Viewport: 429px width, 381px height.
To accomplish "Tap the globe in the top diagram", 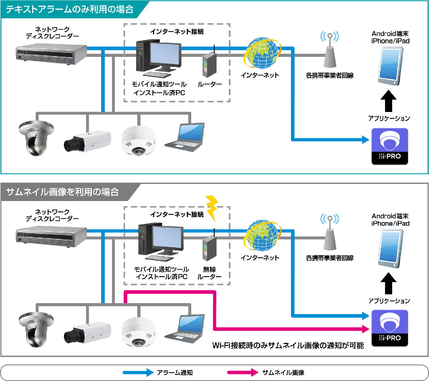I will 262,54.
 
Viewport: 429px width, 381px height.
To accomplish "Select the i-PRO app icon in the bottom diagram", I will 390,328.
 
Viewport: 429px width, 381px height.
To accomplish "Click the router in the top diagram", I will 210,64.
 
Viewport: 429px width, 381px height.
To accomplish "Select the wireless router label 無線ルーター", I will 209,273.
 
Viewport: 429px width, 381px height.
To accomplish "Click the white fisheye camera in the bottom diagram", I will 139,331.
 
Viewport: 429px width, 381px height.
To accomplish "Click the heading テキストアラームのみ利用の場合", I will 70,9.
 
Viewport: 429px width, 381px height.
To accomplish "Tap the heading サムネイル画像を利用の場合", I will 63,192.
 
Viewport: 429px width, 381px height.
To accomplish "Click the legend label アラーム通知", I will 175,372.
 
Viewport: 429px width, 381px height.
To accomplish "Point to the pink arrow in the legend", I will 243,372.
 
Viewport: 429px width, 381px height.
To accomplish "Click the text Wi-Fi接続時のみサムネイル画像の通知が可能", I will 288,345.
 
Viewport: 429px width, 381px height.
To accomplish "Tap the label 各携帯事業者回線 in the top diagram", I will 330,75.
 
